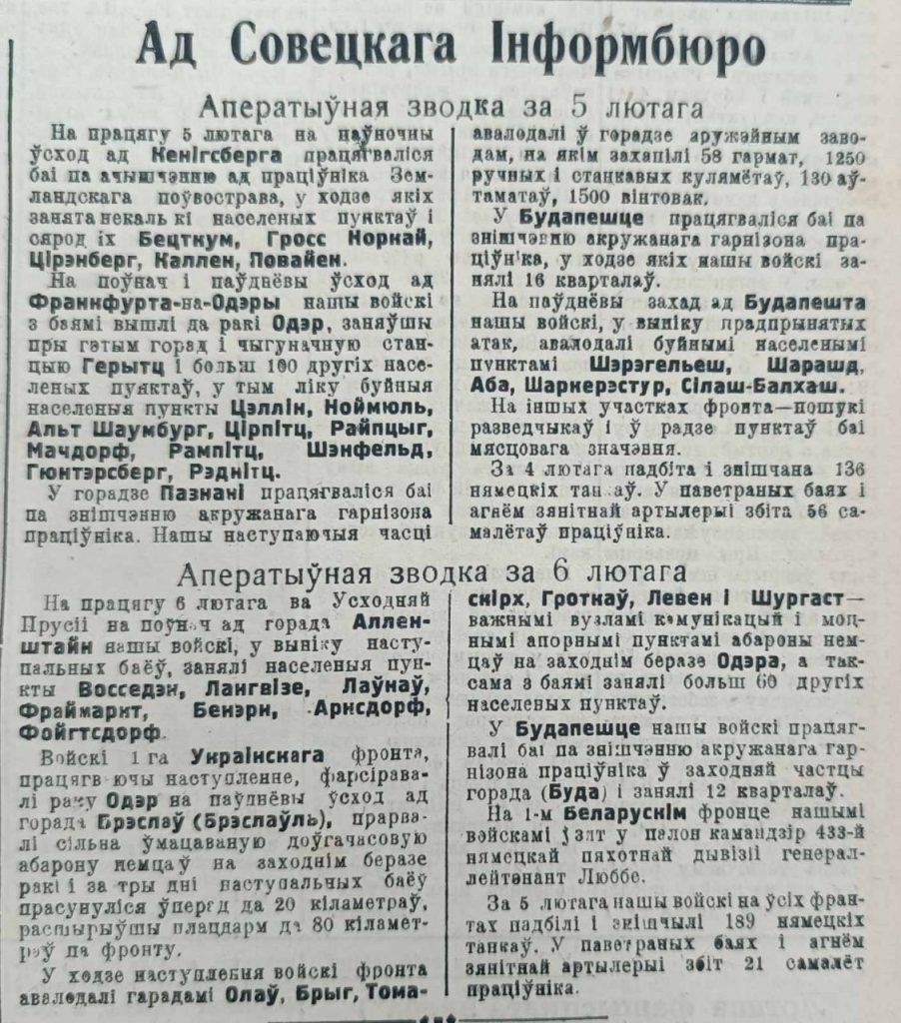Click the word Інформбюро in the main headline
click(629, 48)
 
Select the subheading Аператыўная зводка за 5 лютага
click(450, 107)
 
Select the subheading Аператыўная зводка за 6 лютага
click(432, 573)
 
